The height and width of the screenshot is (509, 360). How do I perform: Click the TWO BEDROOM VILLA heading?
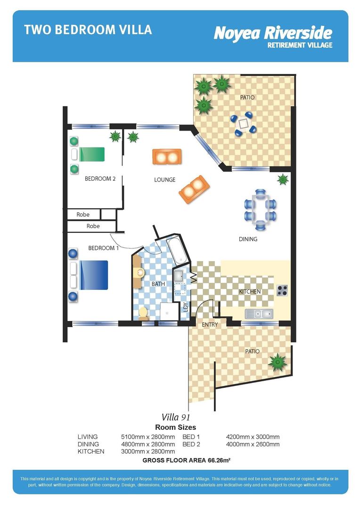[88, 30]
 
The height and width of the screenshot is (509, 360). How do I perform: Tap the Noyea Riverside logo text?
[273, 33]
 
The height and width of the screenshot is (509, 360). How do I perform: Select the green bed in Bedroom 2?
[91, 154]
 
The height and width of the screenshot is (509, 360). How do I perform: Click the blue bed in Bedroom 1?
[93, 275]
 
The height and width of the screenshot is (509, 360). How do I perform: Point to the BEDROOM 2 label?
[100, 179]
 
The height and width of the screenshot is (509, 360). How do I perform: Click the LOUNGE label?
[164, 180]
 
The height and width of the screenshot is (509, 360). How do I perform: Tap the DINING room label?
[248, 239]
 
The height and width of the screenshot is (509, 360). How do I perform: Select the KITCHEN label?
[249, 292]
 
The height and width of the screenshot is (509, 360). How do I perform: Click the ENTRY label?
[209, 325]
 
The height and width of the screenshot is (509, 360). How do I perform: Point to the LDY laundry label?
[185, 307]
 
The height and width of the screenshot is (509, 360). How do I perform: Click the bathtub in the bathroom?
[178, 249]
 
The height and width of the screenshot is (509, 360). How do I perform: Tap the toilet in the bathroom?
[143, 313]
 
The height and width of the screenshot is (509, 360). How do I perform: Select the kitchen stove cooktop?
[282, 290]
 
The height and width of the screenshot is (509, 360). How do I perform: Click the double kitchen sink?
[259, 313]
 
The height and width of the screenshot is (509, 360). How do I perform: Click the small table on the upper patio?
[243, 123]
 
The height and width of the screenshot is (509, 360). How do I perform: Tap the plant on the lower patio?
[277, 362]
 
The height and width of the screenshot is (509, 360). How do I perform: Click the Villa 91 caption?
[176, 417]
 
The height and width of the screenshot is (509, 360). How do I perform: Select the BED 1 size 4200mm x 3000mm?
[253, 437]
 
